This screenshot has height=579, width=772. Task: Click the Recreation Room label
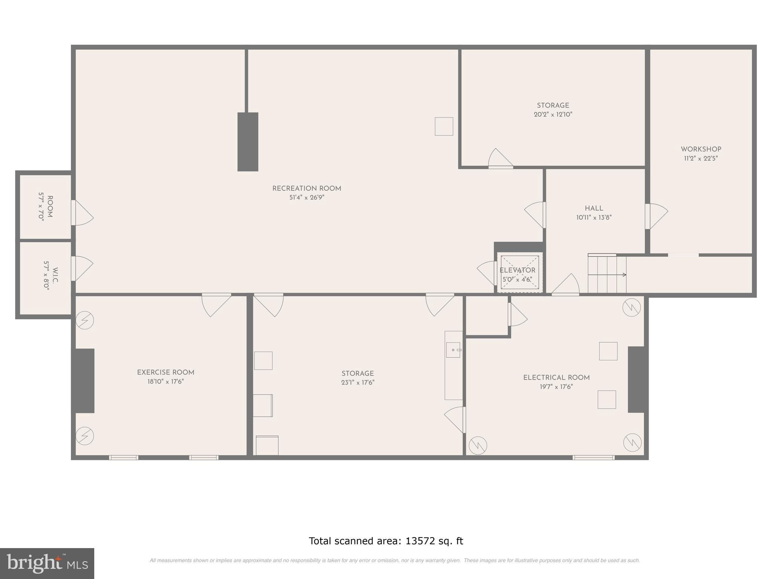(x=306, y=188)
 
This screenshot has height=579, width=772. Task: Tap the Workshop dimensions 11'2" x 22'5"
(x=701, y=159)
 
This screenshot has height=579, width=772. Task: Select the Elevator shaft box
(x=519, y=272)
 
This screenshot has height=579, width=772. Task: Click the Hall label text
(x=594, y=208)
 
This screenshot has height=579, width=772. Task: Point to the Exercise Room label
(x=165, y=372)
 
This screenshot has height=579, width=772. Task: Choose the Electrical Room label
(x=556, y=378)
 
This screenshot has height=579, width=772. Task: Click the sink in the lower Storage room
(x=453, y=350)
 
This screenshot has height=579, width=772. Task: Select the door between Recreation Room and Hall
(x=535, y=215)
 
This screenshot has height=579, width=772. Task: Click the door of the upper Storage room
(x=501, y=158)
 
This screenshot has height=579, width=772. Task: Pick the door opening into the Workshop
(x=656, y=216)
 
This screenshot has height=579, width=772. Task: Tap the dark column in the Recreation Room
(x=248, y=142)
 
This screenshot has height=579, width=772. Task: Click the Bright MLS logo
(x=47, y=564)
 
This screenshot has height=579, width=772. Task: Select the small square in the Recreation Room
(x=444, y=126)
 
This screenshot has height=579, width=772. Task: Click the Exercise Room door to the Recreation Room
(x=217, y=305)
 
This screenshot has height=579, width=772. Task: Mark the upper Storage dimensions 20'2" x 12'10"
(x=553, y=115)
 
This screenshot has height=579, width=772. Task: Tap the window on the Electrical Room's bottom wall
(x=594, y=458)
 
